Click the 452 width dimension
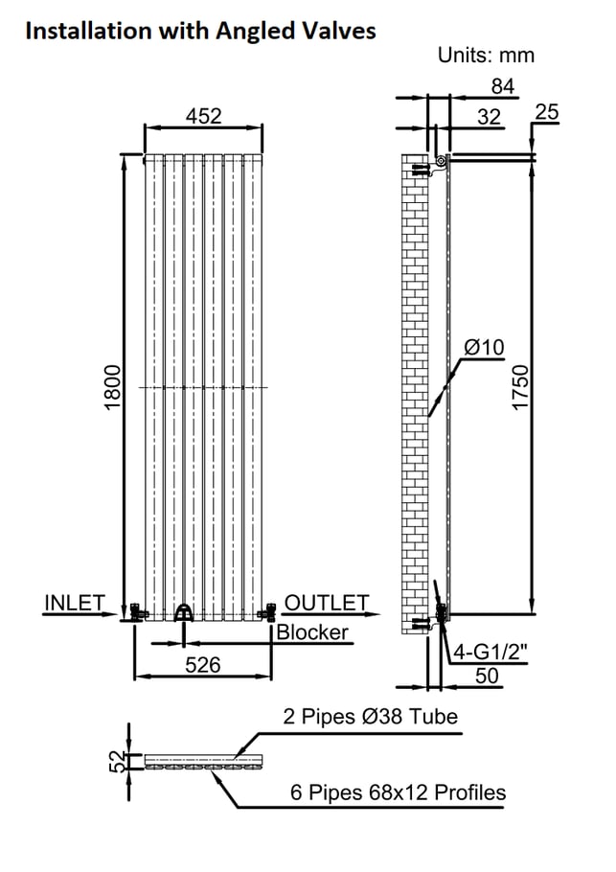click(x=203, y=116)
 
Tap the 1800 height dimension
click(x=112, y=387)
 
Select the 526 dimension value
click(x=203, y=665)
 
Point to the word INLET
click(x=75, y=603)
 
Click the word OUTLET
click(x=327, y=603)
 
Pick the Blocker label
click(x=312, y=632)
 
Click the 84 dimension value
click(x=503, y=86)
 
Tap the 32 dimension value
click(x=490, y=117)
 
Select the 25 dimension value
click(x=546, y=112)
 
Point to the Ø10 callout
click(x=484, y=348)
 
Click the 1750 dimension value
click(x=520, y=388)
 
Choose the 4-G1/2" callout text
click(x=491, y=651)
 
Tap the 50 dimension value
click(x=487, y=676)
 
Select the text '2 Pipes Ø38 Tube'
click(x=370, y=717)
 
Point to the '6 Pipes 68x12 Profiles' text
click(x=399, y=792)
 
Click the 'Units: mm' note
click(x=486, y=55)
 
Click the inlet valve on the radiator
click(x=136, y=611)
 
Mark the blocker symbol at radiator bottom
click(x=184, y=613)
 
